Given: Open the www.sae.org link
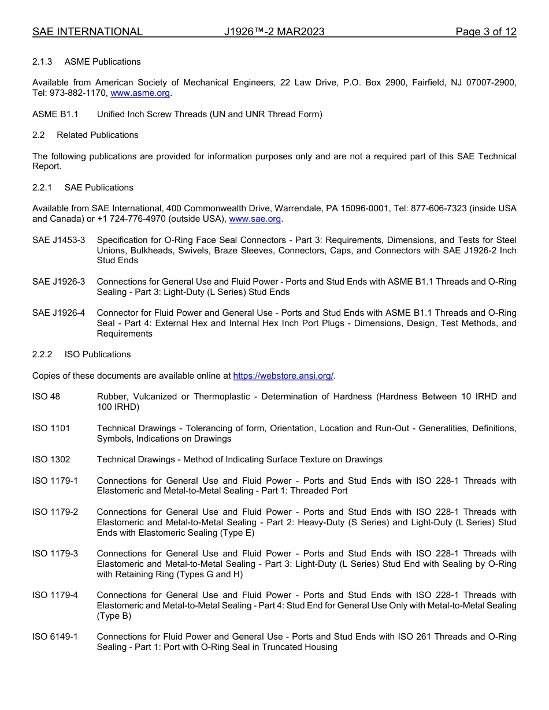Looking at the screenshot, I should click(x=255, y=219).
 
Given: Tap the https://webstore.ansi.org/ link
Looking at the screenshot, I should click(x=283, y=376).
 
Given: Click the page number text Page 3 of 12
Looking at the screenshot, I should click(x=485, y=32).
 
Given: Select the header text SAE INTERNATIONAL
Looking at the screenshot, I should click(x=87, y=32).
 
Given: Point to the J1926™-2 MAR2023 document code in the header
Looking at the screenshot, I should click(x=274, y=32).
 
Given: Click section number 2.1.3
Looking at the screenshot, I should click(x=43, y=62).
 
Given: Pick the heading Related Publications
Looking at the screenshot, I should click(x=98, y=135).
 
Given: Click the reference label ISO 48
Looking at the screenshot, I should click(x=46, y=397).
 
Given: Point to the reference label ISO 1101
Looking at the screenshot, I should click(x=51, y=428).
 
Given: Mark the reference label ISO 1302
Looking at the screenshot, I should click(x=51, y=459).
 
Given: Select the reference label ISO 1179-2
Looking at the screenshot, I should click(x=55, y=512).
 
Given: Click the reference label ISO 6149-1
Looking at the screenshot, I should click(x=55, y=637).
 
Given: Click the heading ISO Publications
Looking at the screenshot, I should click(x=98, y=354).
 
